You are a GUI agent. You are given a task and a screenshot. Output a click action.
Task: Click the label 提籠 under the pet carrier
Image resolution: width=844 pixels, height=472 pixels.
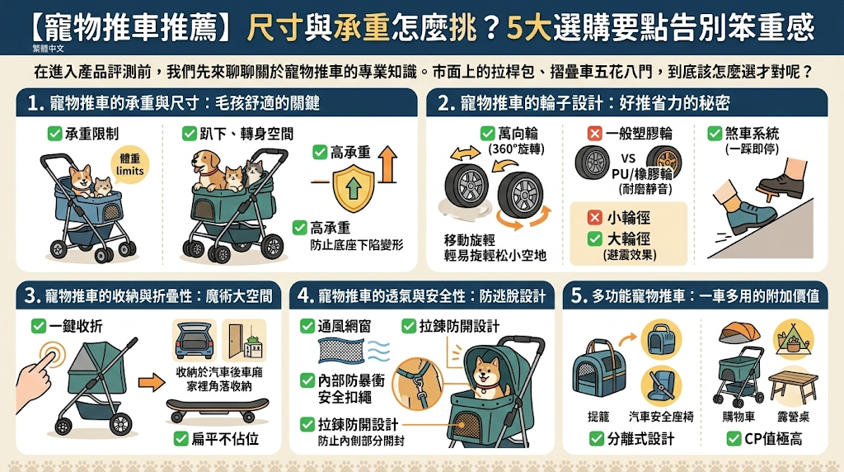(x=599, y=417)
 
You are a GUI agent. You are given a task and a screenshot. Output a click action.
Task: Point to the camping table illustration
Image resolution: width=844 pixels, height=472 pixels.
(x=793, y=387)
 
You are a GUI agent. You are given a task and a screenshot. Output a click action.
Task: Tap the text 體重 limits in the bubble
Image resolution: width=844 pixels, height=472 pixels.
(x=129, y=165)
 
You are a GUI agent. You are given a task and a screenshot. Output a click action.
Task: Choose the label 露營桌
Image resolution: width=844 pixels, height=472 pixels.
(x=793, y=417)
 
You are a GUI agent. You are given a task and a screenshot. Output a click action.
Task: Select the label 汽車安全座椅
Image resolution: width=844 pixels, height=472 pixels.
(x=661, y=417)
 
